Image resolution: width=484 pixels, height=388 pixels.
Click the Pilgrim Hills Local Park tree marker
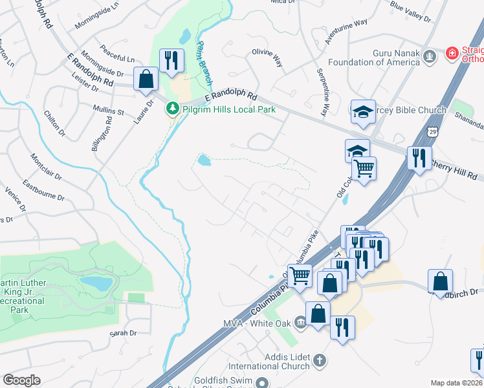[x=172, y=109]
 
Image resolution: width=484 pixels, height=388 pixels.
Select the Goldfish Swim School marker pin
[x=261, y=383]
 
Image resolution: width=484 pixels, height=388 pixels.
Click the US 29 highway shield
[x=432, y=132]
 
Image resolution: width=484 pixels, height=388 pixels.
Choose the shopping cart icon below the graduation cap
[x=365, y=168]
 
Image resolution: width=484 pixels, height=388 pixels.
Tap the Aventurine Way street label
[x=346, y=30]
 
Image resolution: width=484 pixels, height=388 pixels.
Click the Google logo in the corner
[x=21, y=380]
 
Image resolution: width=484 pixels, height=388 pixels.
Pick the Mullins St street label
[x=108, y=111]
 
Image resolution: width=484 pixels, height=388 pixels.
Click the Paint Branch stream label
[x=204, y=65]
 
